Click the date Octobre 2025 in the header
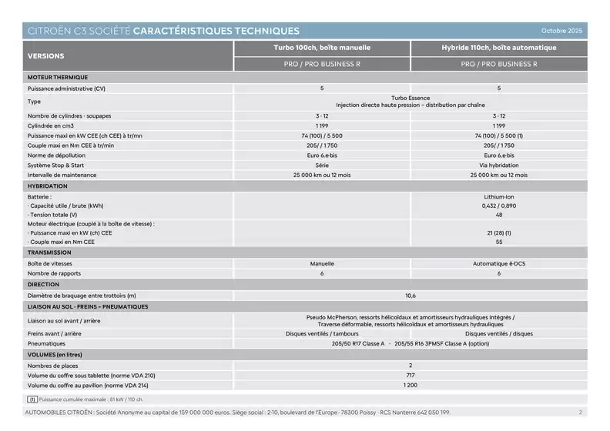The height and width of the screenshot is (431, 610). coord(562,31)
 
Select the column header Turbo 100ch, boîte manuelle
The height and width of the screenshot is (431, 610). coord(322,48)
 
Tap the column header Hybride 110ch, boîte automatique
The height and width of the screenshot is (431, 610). coord(499,48)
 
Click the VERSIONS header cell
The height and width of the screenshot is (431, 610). coord(46,56)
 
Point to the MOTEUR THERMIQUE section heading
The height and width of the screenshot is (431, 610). coord(58,77)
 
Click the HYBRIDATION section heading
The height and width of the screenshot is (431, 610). coord(48,186)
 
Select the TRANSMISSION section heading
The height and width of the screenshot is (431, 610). coord(49,252)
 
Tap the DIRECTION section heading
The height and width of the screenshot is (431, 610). coord(43,285)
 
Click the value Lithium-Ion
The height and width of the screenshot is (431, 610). coord(499,197)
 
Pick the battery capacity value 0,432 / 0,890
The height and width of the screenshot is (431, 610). coord(499,205)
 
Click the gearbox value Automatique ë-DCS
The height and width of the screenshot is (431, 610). coord(499,263)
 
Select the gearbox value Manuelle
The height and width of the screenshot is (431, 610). coord(322,263)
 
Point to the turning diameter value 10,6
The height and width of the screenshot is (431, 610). coord(411,296)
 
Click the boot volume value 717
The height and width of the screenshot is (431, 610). coord(411,375)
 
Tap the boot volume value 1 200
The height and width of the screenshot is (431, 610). coord(411,385)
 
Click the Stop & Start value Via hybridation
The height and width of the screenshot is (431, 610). coord(499,165)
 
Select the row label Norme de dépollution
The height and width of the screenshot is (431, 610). coord(55,155)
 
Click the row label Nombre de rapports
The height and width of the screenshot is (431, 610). coord(54,273)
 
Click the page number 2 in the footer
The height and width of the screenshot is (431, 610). coord(581,413)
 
